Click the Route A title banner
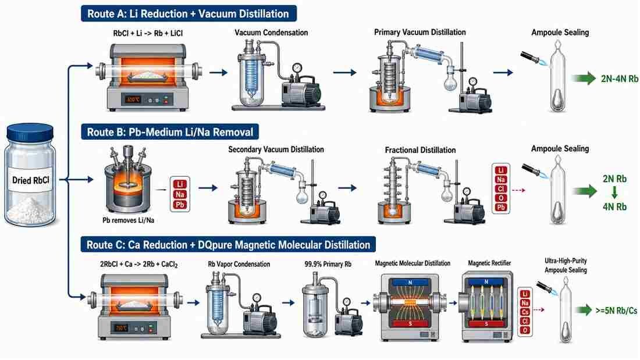click(189, 13)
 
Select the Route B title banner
click(170, 132)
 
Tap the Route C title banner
click(228, 244)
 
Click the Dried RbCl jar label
click(31, 180)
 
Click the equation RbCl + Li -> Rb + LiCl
click(148, 33)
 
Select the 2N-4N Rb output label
click(619, 79)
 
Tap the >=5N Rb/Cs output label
click(616, 311)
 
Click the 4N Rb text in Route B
click(614, 206)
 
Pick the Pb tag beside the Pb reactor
click(180, 205)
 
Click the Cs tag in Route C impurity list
click(525, 312)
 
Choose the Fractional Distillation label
click(420, 150)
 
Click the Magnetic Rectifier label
click(489, 263)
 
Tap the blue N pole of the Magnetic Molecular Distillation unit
click(410, 282)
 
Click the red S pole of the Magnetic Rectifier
click(486, 324)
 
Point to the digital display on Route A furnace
click(133, 99)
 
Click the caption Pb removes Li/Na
click(128, 220)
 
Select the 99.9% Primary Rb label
click(328, 264)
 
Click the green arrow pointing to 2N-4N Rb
click(584, 78)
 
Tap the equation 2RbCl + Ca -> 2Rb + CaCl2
click(139, 265)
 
